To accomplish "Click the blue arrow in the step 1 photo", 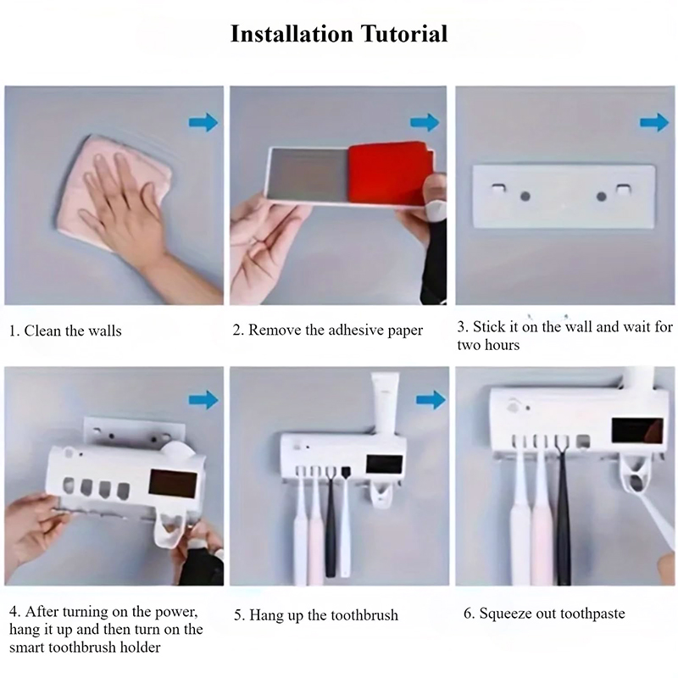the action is [x=203, y=122].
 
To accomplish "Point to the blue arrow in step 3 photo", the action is [x=654, y=122].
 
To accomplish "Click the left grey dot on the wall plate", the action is [x=525, y=197].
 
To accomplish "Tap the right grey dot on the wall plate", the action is [x=602, y=197].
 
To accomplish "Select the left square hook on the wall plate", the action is [x=498, y=188].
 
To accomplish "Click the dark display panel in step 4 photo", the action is [x=173, y=484].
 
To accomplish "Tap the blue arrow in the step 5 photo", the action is [x=431, y=400].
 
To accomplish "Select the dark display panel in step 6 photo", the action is [x=637, y=431].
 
